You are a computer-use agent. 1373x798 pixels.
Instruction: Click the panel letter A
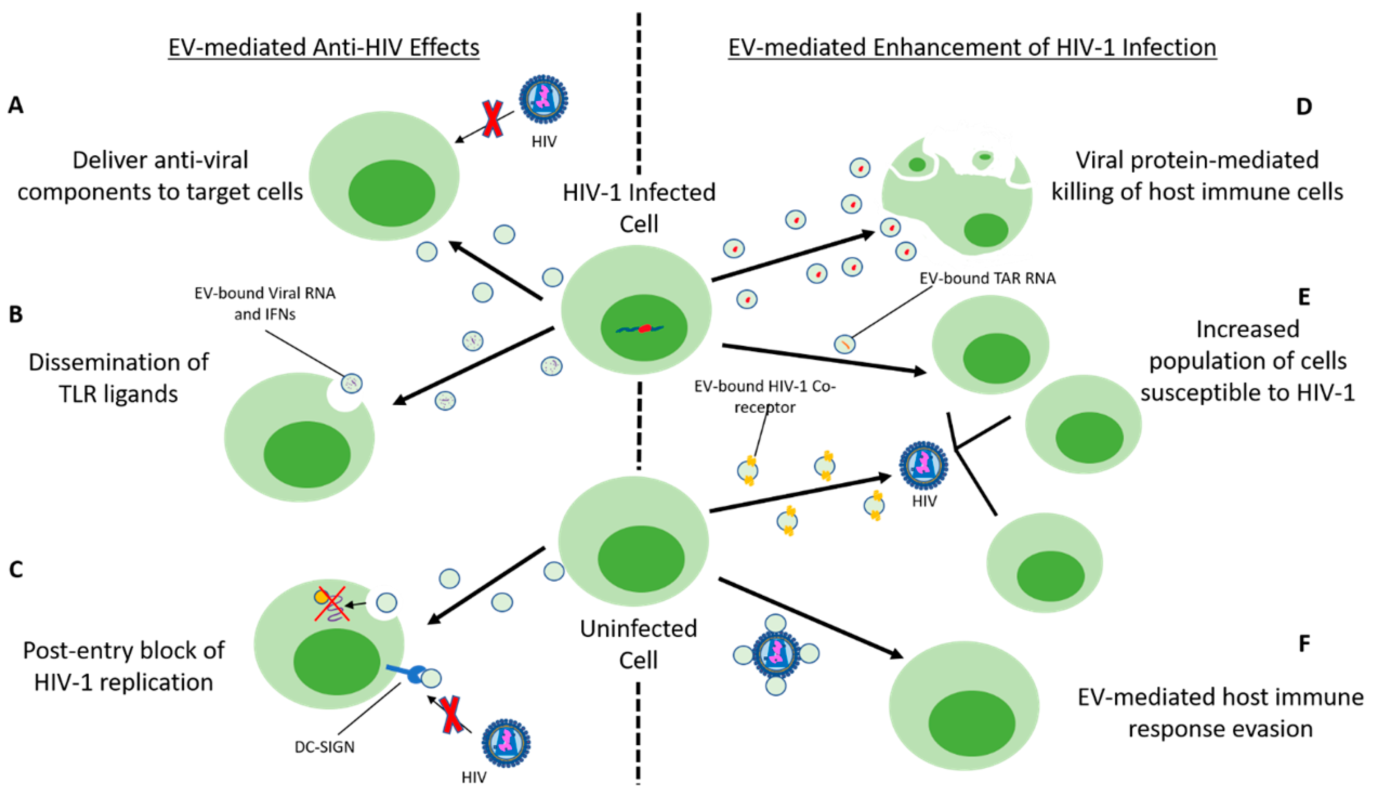[x=15, y=104]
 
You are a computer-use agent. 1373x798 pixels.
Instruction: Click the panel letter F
[x=1304, y=644]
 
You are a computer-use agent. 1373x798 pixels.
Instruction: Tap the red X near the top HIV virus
[x=492, y=119]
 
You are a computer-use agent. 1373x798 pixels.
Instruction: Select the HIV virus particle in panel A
[x=543, y=99]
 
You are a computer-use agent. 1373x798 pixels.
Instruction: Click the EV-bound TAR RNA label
[x=987, y=279]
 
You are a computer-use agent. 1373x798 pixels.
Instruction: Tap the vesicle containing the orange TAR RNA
[x=845, y=344]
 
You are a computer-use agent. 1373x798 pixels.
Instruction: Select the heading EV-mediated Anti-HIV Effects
[x=324, y=47]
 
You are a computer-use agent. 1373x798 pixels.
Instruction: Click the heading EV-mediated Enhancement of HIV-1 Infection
[x=972, y=47]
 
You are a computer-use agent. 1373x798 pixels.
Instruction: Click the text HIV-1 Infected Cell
[x=638, y=208]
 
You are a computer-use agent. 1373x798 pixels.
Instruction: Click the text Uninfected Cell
[x=638, y=644]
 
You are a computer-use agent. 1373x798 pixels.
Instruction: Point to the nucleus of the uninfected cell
[x=641, y=559]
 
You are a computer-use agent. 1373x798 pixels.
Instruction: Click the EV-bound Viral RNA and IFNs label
[x=265, y=304]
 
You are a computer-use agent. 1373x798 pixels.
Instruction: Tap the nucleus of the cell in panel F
[x=971, y=723]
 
